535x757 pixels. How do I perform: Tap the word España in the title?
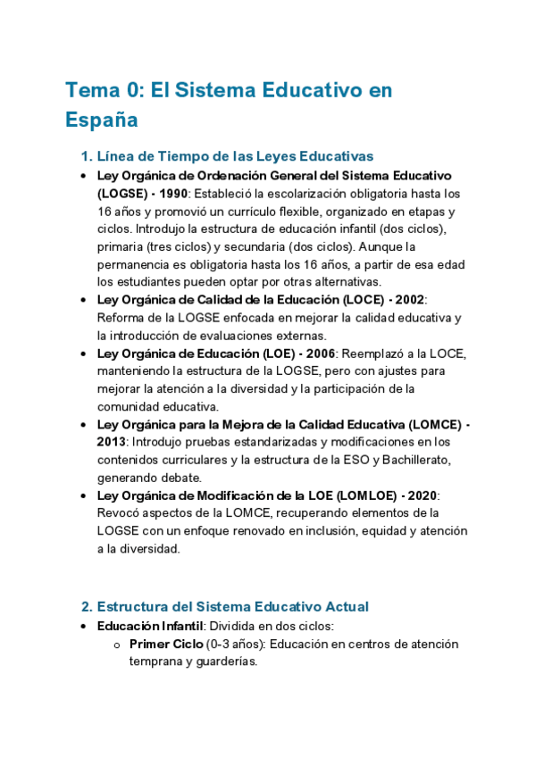tap(101, 119)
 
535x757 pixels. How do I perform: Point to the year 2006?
tap(316, 353)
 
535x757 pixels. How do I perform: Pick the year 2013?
tap(112, 441)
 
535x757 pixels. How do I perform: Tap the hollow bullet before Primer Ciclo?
tap(116, 645)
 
